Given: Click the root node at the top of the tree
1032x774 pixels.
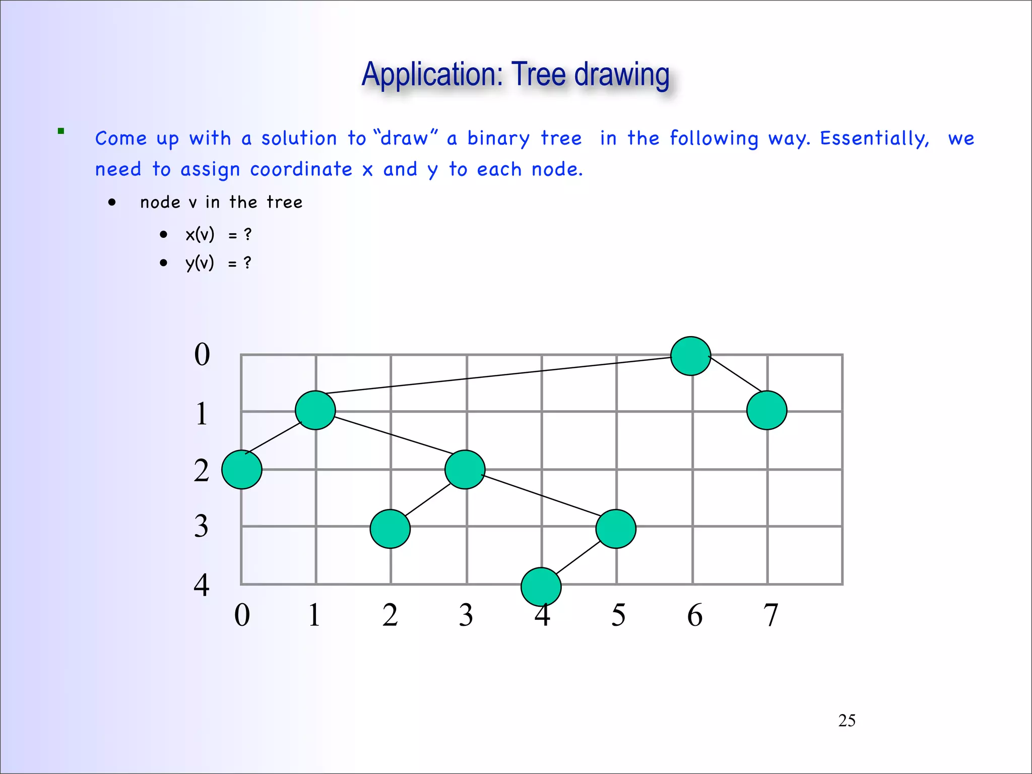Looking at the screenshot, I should coord(691,356).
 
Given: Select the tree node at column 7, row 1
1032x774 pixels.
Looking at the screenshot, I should coord(766,410).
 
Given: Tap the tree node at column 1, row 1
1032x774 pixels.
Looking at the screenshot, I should coord(315,410).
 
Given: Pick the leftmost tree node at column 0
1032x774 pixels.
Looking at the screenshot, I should coord(242,470).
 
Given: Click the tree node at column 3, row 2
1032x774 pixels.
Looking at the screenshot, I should coord(465,470).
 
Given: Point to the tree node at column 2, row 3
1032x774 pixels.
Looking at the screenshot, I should coord(390,529).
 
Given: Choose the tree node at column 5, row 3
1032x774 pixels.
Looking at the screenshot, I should coord(616,529).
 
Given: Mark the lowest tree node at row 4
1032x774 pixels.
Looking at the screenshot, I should coord(541,587).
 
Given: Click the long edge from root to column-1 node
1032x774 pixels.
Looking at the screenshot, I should coord(499,375).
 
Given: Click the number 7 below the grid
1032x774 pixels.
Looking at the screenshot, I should coord(770,615).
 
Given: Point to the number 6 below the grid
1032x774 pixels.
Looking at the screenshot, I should coord(695,615).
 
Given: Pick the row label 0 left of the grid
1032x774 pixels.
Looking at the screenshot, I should coord(202,354).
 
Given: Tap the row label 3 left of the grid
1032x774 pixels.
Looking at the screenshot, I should coord(202,526).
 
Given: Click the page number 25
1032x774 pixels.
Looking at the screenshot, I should coord(847,721).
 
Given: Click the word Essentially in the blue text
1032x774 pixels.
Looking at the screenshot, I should coord(874,139).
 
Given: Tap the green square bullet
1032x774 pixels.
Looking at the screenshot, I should coord(61,131).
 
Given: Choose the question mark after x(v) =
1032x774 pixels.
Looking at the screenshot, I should coord(247,234).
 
